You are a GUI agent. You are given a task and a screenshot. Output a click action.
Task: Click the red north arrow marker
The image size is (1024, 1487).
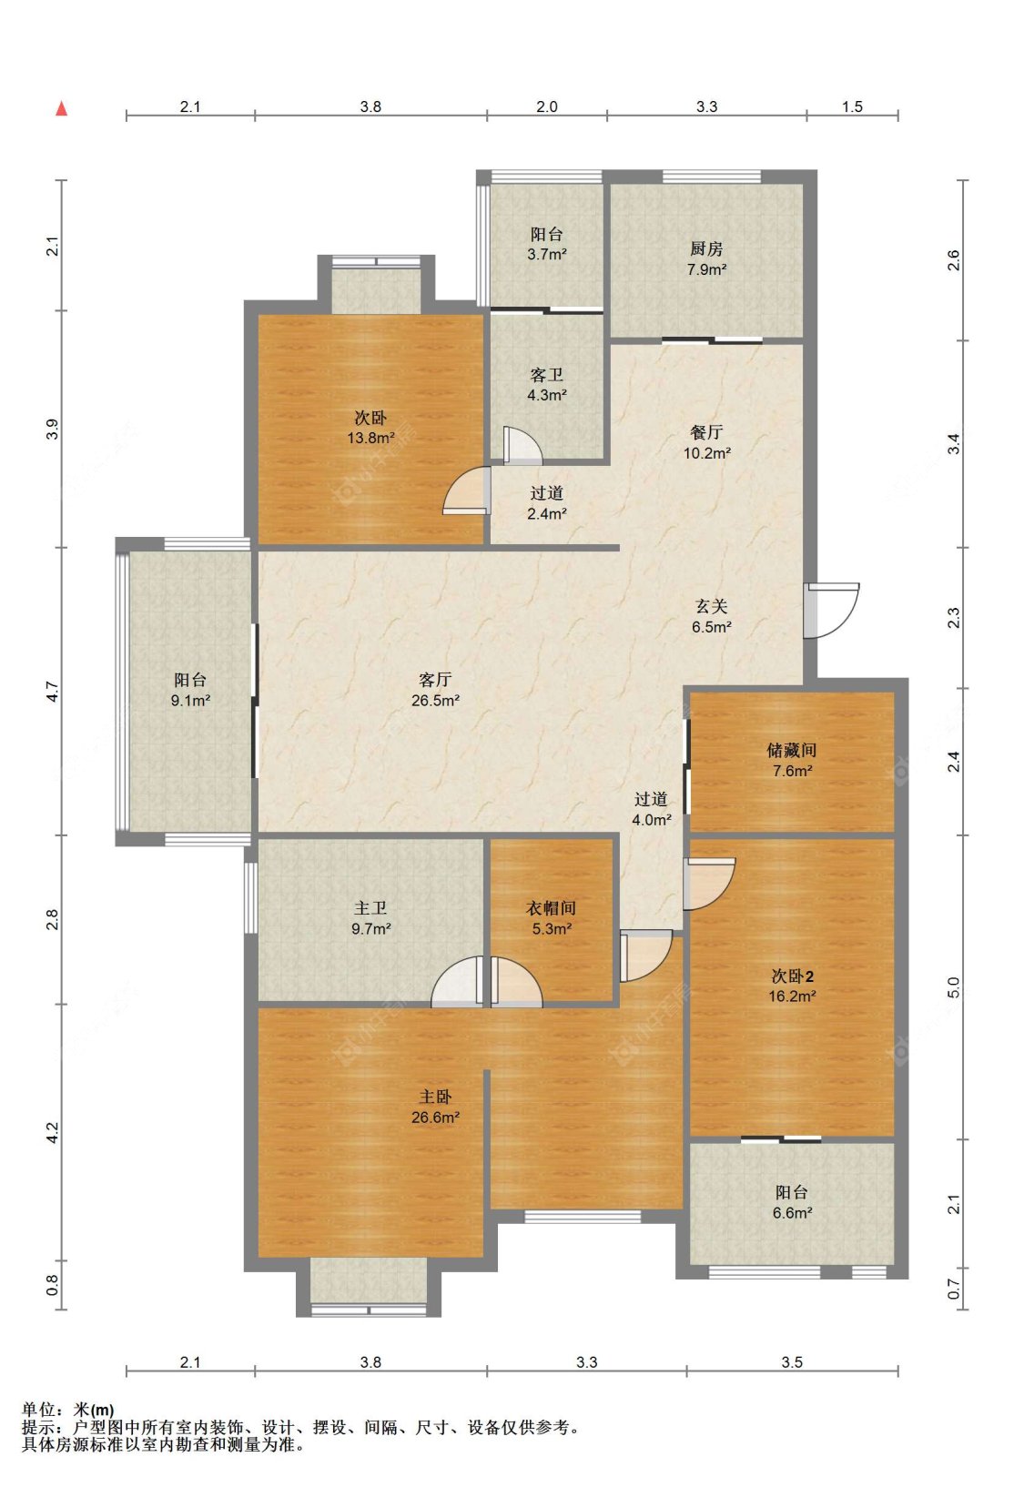click(x=62, y=108)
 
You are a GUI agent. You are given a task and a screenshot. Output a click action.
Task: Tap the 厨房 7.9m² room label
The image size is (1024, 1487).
click(x=706, y=258)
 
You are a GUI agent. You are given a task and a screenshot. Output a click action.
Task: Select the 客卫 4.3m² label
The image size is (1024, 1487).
click(x=546, y=385)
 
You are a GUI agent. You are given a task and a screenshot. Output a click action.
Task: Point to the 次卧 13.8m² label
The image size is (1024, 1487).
click(x=370, y=428)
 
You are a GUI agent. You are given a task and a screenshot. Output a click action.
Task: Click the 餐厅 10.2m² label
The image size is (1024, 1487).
click(x=706, y=443)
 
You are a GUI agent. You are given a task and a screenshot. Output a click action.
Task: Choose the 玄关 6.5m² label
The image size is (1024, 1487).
click(x=711, y=616)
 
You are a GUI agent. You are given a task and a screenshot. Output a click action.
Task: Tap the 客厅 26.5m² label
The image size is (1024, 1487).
click(x=435, y=690)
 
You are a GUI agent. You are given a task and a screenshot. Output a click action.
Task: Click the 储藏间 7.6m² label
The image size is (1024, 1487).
click(x=792, y=760)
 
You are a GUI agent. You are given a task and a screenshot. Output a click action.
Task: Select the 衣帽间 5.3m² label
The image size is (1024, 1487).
click(x=552, y=918)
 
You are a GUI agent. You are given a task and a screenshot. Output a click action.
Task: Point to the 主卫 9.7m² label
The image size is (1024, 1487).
click(x=370, y=918)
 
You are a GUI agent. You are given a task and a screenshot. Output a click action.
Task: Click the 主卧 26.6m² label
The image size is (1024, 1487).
click(x=435, y=1107)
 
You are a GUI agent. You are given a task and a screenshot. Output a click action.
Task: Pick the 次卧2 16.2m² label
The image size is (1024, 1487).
click(x=792, y=986)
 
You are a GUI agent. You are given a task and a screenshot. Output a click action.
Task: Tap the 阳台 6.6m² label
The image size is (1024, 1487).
click(x=792, y=1202)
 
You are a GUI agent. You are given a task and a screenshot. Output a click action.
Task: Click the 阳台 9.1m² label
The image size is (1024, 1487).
click(x=190, y=690)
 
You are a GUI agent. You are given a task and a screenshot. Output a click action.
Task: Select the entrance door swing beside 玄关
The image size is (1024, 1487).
click(x=831, y=610)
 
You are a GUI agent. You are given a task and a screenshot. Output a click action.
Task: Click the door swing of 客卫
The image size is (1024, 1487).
click(x=522, y=445)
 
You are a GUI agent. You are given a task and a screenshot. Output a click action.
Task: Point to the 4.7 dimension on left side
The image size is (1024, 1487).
click(x=53, y=692)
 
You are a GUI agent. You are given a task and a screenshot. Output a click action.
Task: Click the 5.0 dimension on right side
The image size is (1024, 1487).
click(x=953, y=987)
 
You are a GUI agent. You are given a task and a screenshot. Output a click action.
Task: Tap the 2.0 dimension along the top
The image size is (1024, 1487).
click(x=546, y=106)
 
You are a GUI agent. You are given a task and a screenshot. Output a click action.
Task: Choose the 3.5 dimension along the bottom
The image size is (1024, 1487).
click(x=792, y=1362)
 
